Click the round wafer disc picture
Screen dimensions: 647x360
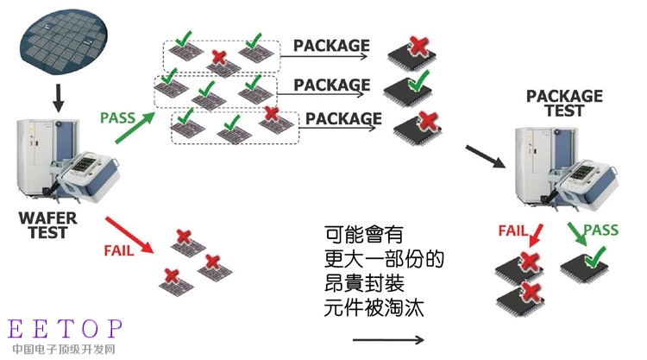tap(64, 43)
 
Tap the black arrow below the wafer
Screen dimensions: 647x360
tap(59, 98)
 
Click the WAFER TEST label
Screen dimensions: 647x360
tap(47, 225)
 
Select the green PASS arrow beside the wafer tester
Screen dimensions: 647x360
tap(135, 128)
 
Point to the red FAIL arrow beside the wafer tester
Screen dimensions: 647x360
tap(129, 235)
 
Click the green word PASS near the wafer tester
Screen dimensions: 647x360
tap(118, 118)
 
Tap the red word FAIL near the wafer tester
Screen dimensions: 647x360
tap(119, 250)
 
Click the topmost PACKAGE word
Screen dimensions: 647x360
tap(331, 46)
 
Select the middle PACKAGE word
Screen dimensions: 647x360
tap(332, 85)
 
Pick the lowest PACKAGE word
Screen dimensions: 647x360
tap(343, 119)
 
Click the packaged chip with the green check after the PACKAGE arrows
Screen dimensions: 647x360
tap(408, 90)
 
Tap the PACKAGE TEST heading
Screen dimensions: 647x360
tap(564, 104)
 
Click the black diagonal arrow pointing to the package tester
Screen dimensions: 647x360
tap(486, 156)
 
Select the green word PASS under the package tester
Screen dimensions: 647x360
tap(600, 230)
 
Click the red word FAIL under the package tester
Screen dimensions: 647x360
tap(513, 231)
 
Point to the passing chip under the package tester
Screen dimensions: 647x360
tap(585, 265)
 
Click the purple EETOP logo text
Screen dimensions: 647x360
tap(66, 329)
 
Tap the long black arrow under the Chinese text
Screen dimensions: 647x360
tap(388, 340)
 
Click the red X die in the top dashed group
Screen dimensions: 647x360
tap(223, 64)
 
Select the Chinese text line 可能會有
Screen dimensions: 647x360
tap(363, 235)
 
